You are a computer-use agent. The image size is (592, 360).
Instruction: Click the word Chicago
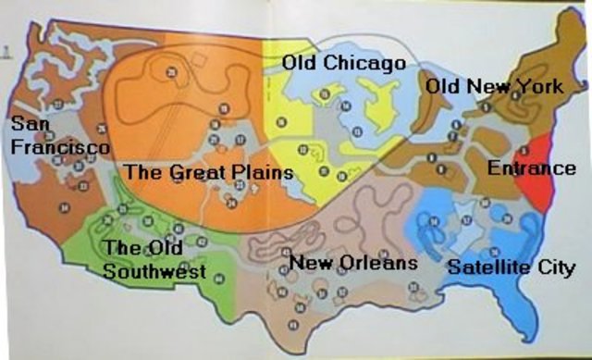(x=368, y=64)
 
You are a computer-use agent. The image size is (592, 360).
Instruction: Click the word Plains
(x=261, y=172)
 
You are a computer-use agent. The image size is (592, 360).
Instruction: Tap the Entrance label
(x=532, y=169)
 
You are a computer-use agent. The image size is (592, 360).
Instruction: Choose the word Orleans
(x=379, y=264)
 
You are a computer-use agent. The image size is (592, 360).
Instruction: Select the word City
(x=552, y=268)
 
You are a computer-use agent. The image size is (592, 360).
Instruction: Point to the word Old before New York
(x=443, y=87)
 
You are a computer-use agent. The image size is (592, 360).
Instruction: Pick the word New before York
(x=487, y=87)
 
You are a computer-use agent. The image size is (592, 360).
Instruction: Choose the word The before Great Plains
(x=141, y=172)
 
